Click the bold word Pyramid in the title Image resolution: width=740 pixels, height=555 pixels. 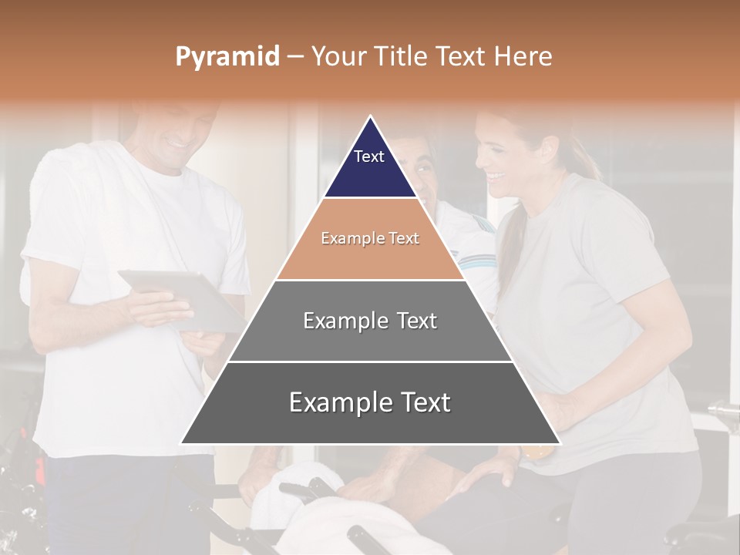click(227, 57)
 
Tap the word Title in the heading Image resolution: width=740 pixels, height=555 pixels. click(402, 57)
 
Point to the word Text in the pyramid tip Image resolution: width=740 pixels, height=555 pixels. click(369, 156)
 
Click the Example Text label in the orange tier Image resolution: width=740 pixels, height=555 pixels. click(370, 238)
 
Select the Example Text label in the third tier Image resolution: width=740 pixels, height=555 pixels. click(370, 321)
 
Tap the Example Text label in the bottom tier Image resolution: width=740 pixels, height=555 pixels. click(370, 402)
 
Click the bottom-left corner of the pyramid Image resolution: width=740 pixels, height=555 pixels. click(181, 443)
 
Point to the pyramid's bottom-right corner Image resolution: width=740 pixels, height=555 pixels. click(560, 443)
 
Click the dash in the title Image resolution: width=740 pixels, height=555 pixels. click(295, 57)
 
